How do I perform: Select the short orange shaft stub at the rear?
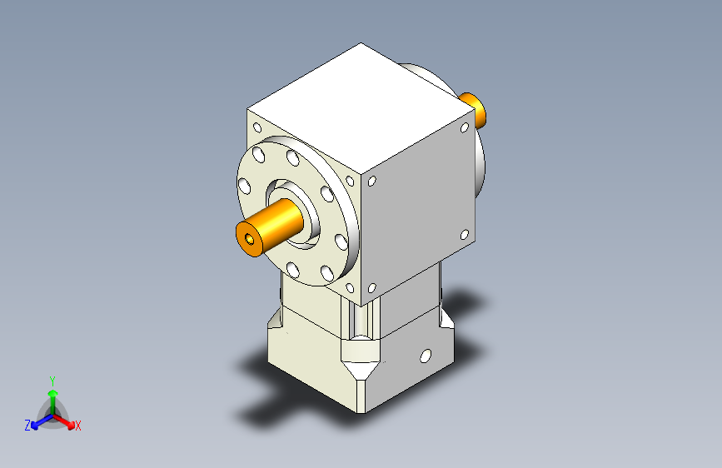474,109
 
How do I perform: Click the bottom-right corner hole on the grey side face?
464,235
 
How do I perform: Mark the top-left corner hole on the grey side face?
371,181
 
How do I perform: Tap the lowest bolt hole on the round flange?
292,268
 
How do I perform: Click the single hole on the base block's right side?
426,356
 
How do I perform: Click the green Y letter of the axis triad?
52,380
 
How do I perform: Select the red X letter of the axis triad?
78,426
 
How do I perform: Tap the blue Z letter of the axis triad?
27,426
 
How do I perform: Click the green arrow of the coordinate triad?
52,395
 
